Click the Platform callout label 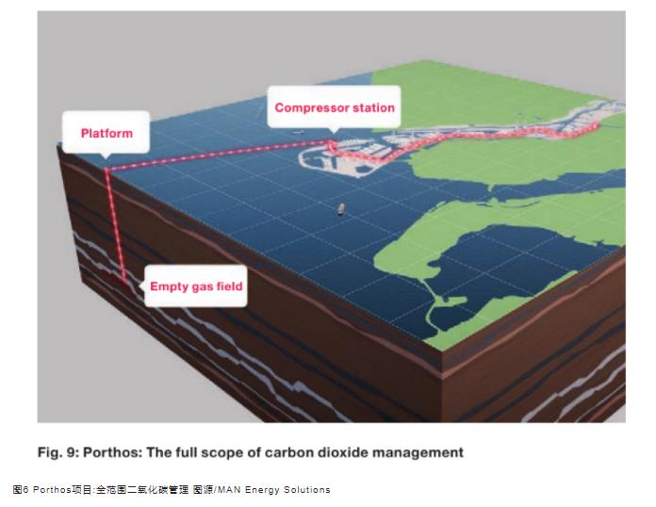(107, 133)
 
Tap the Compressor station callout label (334, 107)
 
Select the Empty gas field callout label (196, 286)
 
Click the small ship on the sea (341, 209)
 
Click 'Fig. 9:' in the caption (58, 452)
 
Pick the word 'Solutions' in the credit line (306, 489)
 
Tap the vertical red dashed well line (116, 226)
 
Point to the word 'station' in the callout (373, 107)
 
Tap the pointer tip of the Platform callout (106, 159)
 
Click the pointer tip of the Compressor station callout (334, 133)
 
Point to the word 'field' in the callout (229, 286)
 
